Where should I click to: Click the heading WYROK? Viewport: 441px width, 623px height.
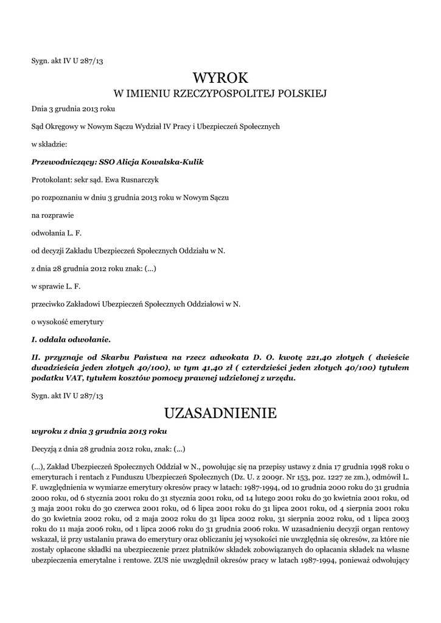tap(221, 77)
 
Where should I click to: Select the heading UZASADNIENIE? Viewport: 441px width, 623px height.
tap(221, 414)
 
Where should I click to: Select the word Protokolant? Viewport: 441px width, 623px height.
tap(50, 180)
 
